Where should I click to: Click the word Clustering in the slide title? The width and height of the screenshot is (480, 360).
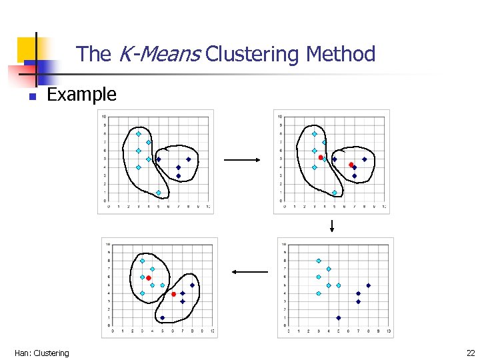(x=253, y=54)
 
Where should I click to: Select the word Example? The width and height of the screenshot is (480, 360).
(x=81, y=95)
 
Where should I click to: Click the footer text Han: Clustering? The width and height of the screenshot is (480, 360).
(x=41, y=353)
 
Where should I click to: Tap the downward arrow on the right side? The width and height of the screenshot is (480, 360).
(x=331, y=226)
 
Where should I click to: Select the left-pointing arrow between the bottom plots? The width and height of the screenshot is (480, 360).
(x=249, y=272)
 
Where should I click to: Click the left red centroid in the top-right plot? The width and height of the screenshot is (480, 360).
(x=321, y=157)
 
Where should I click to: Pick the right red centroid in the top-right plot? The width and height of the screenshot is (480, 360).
(x=351, y=164)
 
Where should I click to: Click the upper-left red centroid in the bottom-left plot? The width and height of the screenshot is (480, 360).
(x=149, y=278)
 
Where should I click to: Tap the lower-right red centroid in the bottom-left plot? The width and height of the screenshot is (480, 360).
(x=173, y=294)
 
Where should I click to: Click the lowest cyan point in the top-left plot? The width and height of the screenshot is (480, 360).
(x=159, y=193)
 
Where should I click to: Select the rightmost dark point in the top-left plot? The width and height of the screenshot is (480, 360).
(x=189, y=159)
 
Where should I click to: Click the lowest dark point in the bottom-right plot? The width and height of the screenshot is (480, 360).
(x=339, y=318)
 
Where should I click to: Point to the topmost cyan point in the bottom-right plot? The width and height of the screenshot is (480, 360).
(x=319, y=261)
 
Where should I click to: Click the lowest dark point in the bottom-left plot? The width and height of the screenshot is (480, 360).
(x=163, y=318)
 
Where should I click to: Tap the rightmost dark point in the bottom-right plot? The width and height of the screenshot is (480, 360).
(x=368, y=285)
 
